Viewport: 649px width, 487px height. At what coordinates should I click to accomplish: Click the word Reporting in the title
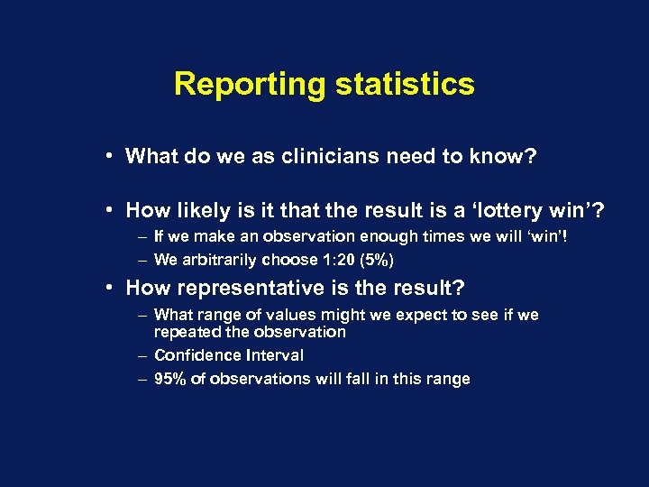pyautogui.click(x=250, y=84)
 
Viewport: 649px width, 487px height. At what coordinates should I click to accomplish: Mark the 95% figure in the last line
pyautogui.click(x=170, y=379)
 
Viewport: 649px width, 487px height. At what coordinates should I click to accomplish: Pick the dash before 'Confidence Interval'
pyautogui.click(x=142, y=355)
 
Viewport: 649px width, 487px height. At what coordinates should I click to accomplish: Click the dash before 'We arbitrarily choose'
pyautogui.click(x=142, y=260)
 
